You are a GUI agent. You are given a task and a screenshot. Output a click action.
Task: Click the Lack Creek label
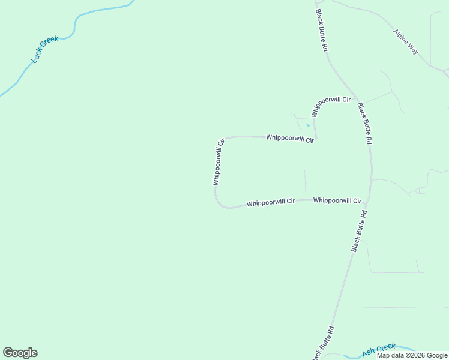[45, 50]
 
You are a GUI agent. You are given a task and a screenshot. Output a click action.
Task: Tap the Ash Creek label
[379, 349]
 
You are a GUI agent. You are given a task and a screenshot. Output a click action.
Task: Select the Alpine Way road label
[406, 42]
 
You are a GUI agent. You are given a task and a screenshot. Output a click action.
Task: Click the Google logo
[20, 353]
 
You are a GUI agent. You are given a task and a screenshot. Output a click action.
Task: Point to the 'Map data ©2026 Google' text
[412, 355]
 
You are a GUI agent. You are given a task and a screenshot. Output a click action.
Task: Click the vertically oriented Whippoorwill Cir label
[218, 162]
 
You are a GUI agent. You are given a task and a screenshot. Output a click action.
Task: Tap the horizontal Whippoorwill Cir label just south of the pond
[290, 138]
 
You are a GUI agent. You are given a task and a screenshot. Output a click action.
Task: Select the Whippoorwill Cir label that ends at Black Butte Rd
[337, 200]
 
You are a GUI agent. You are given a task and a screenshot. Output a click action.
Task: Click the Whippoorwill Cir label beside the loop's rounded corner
[270, 203]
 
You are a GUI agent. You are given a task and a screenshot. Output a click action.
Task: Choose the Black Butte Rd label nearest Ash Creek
[322, 343]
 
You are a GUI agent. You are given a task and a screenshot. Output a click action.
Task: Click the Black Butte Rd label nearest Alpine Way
[322, 30]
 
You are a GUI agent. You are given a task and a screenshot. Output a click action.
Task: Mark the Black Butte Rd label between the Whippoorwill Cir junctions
[365, 123]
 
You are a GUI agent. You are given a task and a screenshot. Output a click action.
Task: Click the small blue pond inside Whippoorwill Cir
[308, 125]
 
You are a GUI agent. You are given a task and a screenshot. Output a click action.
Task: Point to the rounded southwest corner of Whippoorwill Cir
[220, 204]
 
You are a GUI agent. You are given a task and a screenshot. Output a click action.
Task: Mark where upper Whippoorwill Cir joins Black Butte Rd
[357, 98]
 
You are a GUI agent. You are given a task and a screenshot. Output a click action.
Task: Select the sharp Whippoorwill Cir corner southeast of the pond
[316, 139]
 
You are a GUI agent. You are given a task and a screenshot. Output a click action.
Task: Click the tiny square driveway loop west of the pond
[292, 113]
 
